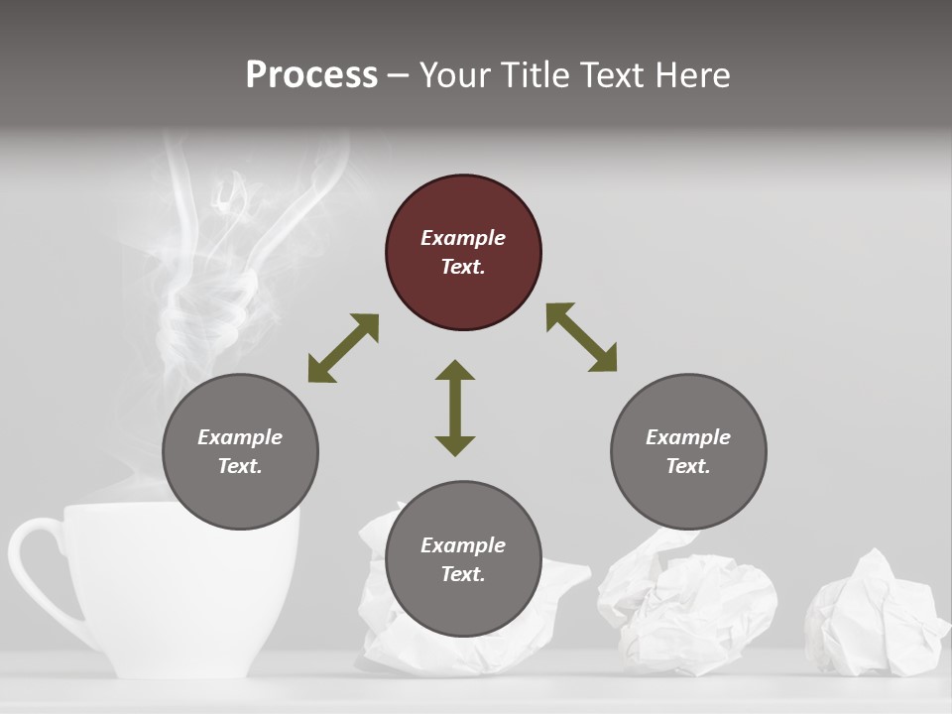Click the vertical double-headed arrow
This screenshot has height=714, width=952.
tap(455, 408)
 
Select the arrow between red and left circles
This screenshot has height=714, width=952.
tap(343, 348)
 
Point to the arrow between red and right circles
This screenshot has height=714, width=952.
tap(582, 337)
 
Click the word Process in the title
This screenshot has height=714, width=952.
tap(311, 75)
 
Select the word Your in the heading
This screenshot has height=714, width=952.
tap(455, 75)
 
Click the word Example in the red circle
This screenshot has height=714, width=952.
tap(463, 238)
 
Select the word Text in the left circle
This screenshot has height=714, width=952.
tap(240, 466)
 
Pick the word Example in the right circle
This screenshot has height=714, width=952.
tap(688, 437)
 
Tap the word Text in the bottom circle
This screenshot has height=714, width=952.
tap(463, 574)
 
